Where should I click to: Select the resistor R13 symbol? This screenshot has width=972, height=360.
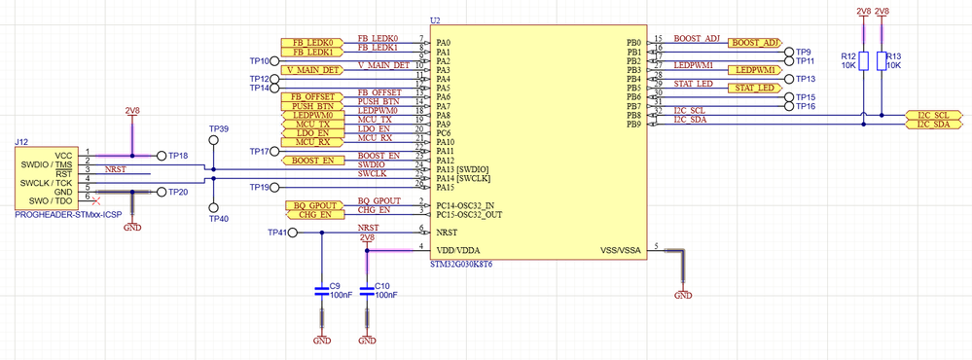[882, 61]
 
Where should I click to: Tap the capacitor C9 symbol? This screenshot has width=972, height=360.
[322, 291]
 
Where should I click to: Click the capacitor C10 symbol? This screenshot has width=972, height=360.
[367, 291]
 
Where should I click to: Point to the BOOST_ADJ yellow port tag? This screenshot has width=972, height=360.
[755, 43]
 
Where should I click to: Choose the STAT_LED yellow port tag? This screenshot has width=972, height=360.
[755, 88]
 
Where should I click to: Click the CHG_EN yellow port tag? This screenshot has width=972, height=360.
[311, 214]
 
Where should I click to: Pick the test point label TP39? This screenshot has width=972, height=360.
[219, 128]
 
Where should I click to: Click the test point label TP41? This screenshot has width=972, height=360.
[277, 233]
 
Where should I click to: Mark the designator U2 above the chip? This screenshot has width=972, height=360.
[435, 20]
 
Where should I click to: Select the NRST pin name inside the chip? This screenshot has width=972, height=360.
[448, 233]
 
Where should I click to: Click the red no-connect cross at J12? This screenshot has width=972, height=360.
[93, 201]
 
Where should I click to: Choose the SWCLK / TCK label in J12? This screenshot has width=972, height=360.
[46, 183]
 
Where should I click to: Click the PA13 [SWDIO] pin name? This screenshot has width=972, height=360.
[463, 168]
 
